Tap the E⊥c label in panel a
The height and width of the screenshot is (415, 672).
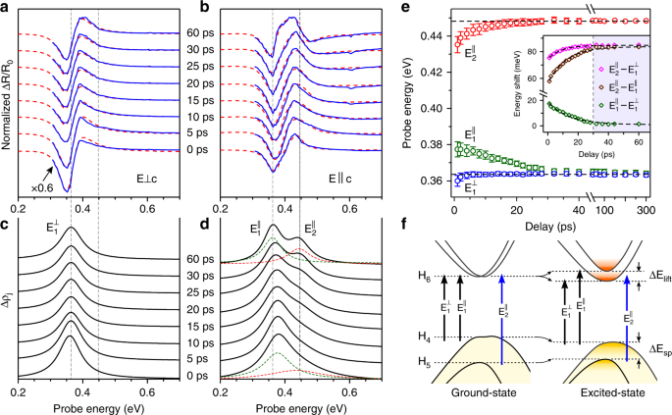coord(156,181)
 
